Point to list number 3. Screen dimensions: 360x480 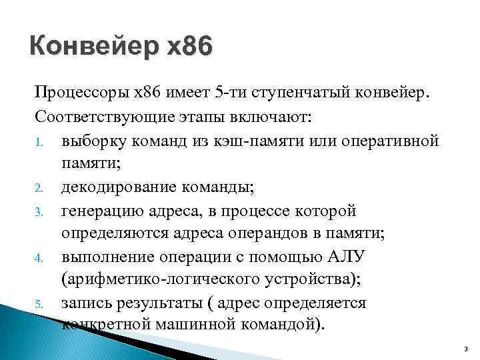point(40,212)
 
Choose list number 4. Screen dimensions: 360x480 point(40,258)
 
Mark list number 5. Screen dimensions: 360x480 point(40,304)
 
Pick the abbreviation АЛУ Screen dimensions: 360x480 point(346,257)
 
